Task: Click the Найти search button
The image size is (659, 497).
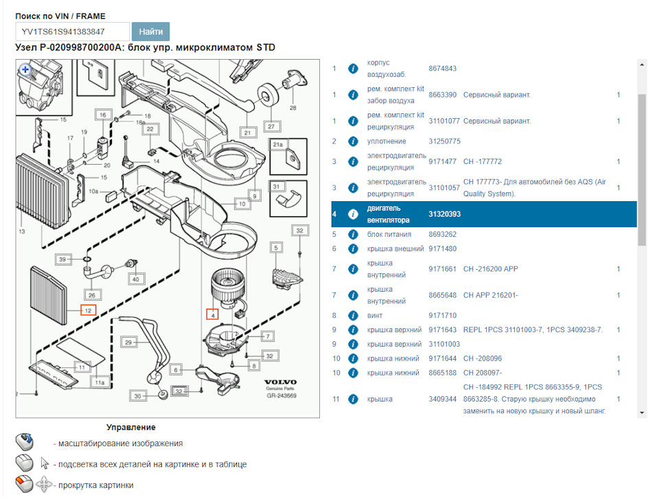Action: [x=150, y=32]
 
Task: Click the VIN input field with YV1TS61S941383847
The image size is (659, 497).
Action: [x=72, y=32]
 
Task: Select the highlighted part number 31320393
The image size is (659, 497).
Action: [x=444, y=214]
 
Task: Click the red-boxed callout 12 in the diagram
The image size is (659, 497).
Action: [x=88, y=310]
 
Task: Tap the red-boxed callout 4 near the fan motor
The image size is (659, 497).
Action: [x=213, y=315]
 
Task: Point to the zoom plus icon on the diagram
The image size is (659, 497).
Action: [x=25, y=69]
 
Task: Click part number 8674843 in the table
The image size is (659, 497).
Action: [x=442, y=69]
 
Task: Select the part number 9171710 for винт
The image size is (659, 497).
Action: [x=442, y=316]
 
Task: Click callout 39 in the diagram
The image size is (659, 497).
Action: [x=62, y=259]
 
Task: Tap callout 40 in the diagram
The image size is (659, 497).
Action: [x=135, y=279]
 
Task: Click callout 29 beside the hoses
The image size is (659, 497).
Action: [x=128, y=342]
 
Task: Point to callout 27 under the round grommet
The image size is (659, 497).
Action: [x=271, y=126]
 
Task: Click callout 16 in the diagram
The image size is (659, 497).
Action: [x=102, y=115]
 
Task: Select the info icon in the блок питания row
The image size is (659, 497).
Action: [x=353, y=234]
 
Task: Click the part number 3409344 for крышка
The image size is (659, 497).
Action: [x=442, y=399]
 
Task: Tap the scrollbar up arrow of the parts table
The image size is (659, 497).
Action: [x=643, y=65]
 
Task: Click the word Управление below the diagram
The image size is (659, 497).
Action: [x=130, y=427]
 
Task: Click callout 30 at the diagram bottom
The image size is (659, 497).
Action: [x=138, y=396]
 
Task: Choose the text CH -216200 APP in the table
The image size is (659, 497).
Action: [x=490, y=268]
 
